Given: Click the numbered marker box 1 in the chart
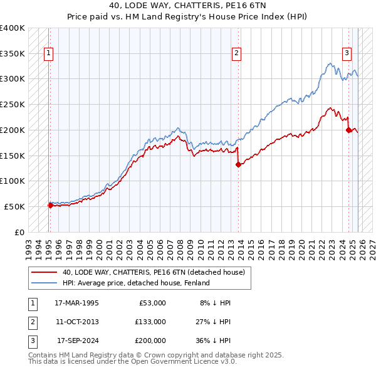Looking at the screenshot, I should pos(49,54).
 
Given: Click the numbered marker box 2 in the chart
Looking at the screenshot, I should pos(237,54).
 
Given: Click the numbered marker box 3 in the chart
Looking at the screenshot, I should pos(347,54).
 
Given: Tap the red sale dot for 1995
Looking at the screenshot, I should pos(50,204).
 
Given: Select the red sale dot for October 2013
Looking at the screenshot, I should pos(238,164).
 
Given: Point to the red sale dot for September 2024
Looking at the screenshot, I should pos(348,130).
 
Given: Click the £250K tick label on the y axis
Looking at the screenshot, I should pos(13,105).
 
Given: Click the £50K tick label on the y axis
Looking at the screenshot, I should pos(14,206).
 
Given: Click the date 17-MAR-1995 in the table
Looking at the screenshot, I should pos(76,303).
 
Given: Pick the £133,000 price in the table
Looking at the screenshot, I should pos(150,322).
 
